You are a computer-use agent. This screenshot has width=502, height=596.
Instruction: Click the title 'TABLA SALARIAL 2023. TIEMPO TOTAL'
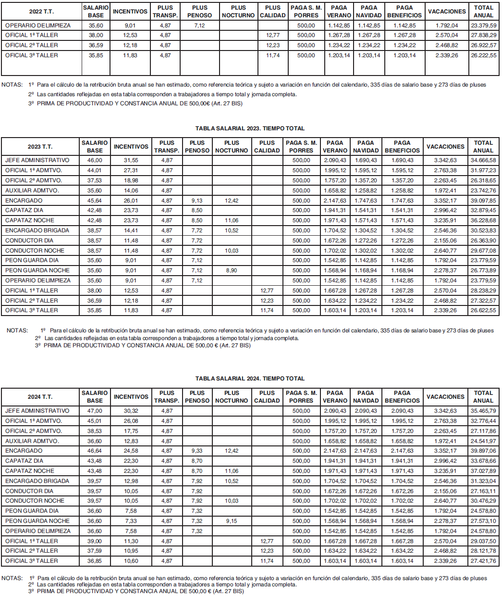(250, 128)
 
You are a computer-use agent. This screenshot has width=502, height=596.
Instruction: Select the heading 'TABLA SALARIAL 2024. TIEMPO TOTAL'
(250, 379)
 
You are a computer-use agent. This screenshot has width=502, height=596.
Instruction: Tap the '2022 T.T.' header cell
(40, 12)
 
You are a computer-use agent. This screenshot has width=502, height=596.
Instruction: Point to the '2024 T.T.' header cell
(40, 397)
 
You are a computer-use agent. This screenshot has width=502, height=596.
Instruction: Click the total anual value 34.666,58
(483, 160)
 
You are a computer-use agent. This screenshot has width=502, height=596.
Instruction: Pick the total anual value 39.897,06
(483, 451)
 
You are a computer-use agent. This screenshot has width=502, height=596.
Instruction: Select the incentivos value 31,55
(131, 160)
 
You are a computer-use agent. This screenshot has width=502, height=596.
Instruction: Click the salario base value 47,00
(95, 411)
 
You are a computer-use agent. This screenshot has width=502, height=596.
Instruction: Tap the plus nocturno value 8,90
(232, 270)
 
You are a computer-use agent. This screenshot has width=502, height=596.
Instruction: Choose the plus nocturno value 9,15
(232, 521)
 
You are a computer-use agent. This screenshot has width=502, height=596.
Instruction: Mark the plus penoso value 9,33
(197, 451)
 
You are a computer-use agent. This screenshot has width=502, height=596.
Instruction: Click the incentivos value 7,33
(131, 521)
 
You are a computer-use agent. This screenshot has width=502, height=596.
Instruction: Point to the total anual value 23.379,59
(483, 25)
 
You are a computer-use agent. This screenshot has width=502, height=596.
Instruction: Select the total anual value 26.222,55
(483, 55)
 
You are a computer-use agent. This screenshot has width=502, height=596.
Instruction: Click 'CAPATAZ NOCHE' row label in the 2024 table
(30, 471)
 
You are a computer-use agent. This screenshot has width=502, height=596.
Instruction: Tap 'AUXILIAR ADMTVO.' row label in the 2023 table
(32, 190)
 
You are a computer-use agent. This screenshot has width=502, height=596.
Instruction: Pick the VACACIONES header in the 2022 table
(446, 12)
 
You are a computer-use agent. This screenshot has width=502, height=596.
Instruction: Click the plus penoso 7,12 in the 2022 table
(199, 25)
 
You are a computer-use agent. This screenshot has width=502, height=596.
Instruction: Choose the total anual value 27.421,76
(483, 561)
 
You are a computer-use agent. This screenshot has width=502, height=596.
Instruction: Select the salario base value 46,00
(95, 160)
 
